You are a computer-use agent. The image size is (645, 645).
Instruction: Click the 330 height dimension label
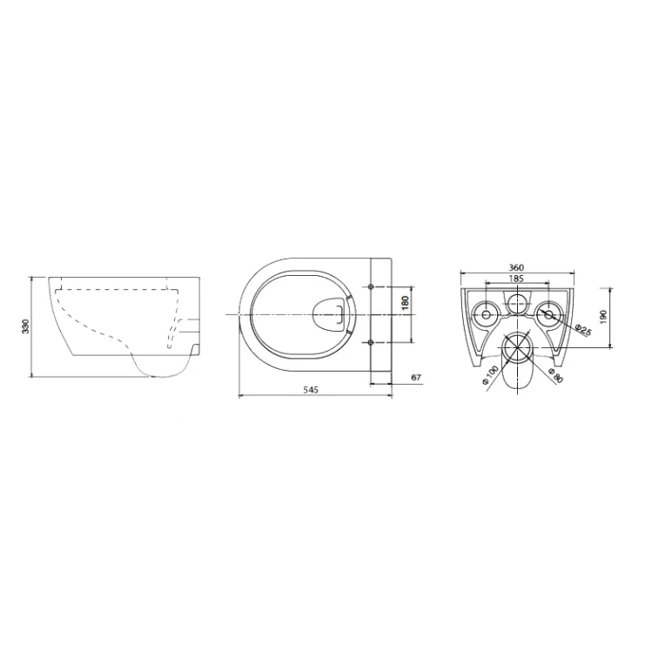coord(26,326)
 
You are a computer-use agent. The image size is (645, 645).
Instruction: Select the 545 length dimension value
coord(311,390)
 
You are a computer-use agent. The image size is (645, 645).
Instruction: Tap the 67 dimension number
coord(416,377)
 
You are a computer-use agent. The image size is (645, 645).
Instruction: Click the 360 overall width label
coord(516,268)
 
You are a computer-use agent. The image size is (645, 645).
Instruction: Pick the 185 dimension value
coord(516,279)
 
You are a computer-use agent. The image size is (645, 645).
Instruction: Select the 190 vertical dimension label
coord(603,317)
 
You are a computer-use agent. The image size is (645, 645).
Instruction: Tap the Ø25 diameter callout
coord(583,330)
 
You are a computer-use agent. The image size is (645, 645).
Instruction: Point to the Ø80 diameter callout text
coord(555,376)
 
